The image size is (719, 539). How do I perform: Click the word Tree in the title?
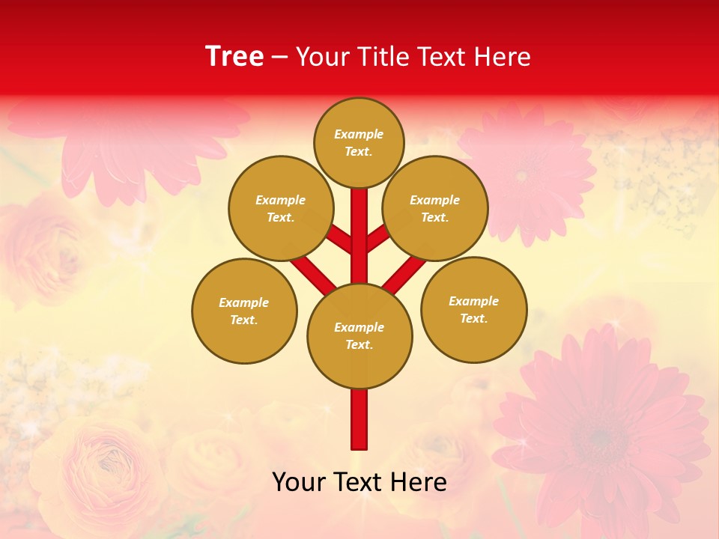pyautogui.click(x=234, y=57)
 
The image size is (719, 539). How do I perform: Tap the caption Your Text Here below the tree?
pyautogui.click(x=359, y=482)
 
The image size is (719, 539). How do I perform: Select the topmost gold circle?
pyautogui.click(x=359, y=142)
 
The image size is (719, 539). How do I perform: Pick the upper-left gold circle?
pyautogui.click(x=280, y=208)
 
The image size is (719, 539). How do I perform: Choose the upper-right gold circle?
pyautogui.click(x=434, y=208)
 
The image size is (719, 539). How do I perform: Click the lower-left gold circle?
pyautogui.click(x=244, y=311)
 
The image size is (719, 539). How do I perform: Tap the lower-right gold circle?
pyautogui.click(x=473, y=309)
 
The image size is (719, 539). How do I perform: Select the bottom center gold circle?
pyautogui.click(x=359, y=335)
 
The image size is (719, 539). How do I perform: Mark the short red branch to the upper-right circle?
pyautogui.click(x=377, y=238)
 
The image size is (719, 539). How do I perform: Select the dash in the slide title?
pyautogui.click(x=280, y=57)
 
